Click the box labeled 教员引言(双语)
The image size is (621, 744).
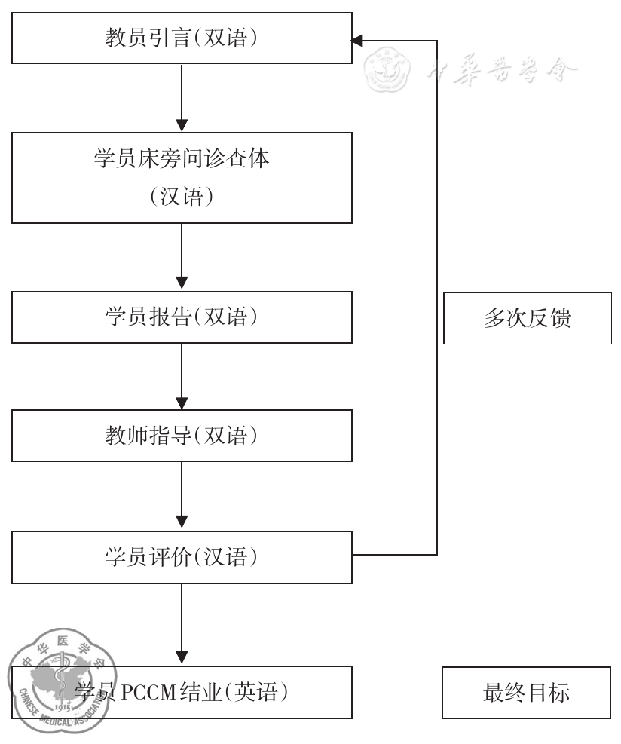tap(182, 38)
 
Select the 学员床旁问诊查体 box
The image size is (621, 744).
tap(182, 178)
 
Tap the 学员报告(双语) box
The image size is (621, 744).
tap(182, 317)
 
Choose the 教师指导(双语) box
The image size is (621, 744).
tap(182, 436)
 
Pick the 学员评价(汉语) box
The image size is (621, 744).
tap(182, 558)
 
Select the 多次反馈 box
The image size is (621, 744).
tap(527, 318)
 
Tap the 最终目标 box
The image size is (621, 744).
tap(526, 692)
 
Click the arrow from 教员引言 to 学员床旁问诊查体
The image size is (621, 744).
tap(182, 98)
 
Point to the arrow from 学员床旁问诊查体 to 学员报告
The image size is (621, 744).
tap(182, 257)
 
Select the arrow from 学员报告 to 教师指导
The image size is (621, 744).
tap(182, 377)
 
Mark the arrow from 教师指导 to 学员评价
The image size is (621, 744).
tap(182, 497)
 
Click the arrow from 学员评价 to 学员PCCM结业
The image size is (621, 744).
tap(182, 625)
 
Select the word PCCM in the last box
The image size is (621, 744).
tap(143, 692)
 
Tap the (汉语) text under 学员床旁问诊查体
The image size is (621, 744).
tap(182, 197)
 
